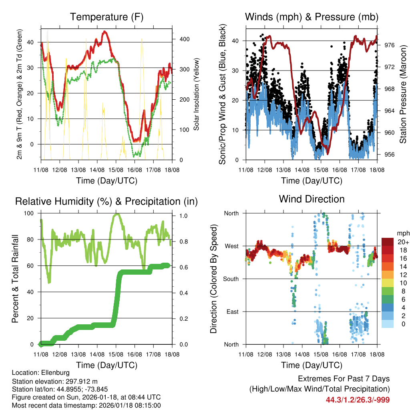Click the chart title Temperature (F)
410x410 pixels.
pos(107,17)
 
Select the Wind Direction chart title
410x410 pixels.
pos(312,199)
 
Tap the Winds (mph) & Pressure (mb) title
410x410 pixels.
pos(312,17)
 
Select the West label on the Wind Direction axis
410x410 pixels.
pos(231,246)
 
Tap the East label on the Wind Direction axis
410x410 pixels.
pos(232,312)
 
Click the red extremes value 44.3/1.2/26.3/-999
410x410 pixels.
pos(358,400)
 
